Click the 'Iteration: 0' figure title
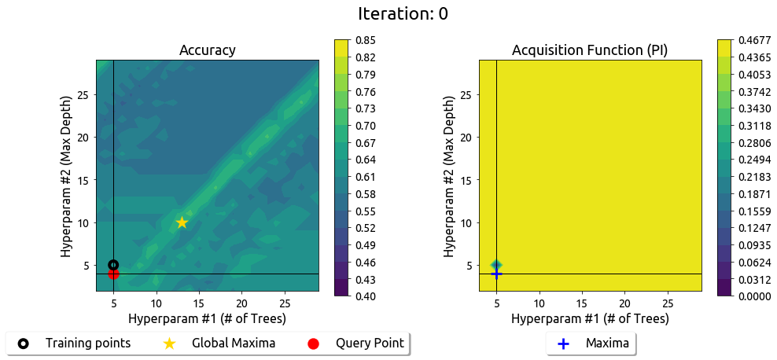(403, 13)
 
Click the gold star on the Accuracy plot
(182, 222)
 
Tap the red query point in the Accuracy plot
(113, 274)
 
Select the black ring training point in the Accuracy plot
(113, 265)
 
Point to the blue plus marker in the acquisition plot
(496, 273)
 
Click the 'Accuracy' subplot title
(208, 50)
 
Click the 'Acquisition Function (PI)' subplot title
(590, 50)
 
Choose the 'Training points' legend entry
(87, 343)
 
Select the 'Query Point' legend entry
(370, 343)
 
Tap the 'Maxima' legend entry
(607, 343)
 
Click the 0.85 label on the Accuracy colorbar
(366, 40)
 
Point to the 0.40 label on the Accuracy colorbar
(366, 296)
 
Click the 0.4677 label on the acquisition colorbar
(754, 40)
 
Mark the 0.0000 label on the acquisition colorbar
(754, 296)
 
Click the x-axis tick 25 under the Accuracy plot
(284, 303)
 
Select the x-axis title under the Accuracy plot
(208, 318)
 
